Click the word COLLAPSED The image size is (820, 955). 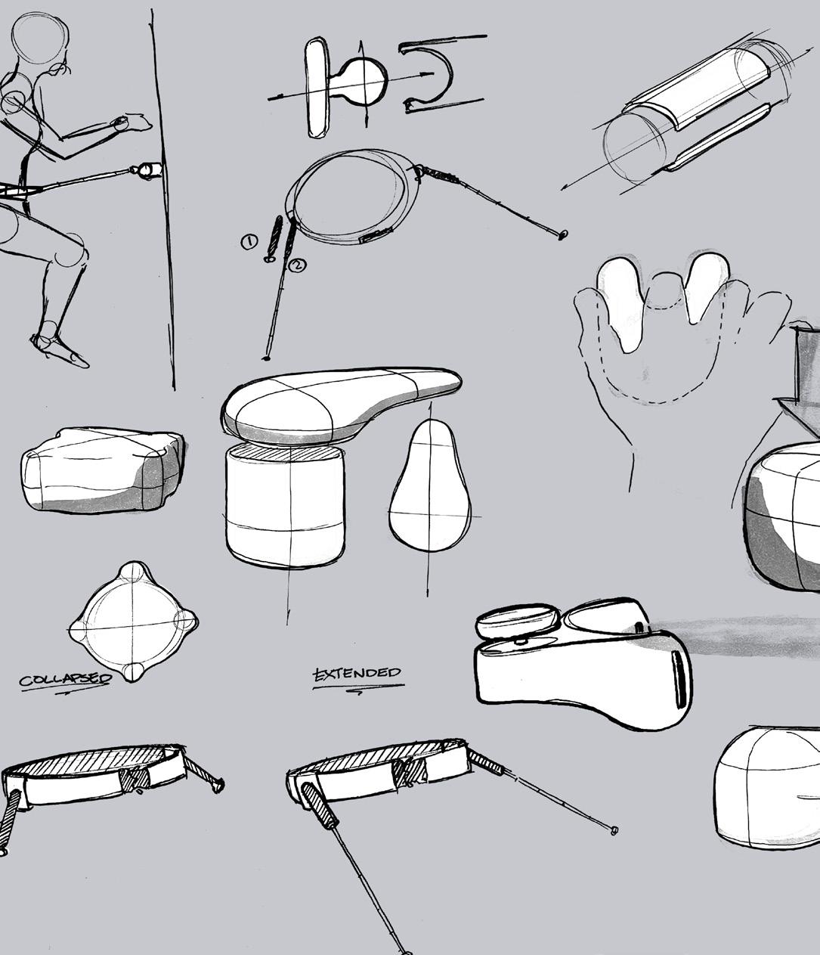click(65, 680)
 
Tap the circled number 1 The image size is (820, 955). click(249, 242)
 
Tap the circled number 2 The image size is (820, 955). click(298, 265)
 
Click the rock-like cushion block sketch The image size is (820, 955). click(102, 471)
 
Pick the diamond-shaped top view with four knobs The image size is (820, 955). click(134, 622)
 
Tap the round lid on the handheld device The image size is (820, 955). click(518, 622)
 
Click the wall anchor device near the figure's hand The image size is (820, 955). click(147, 170)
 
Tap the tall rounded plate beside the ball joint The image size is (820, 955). click(317, 88)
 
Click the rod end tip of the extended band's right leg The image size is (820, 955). click(614, 830)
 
